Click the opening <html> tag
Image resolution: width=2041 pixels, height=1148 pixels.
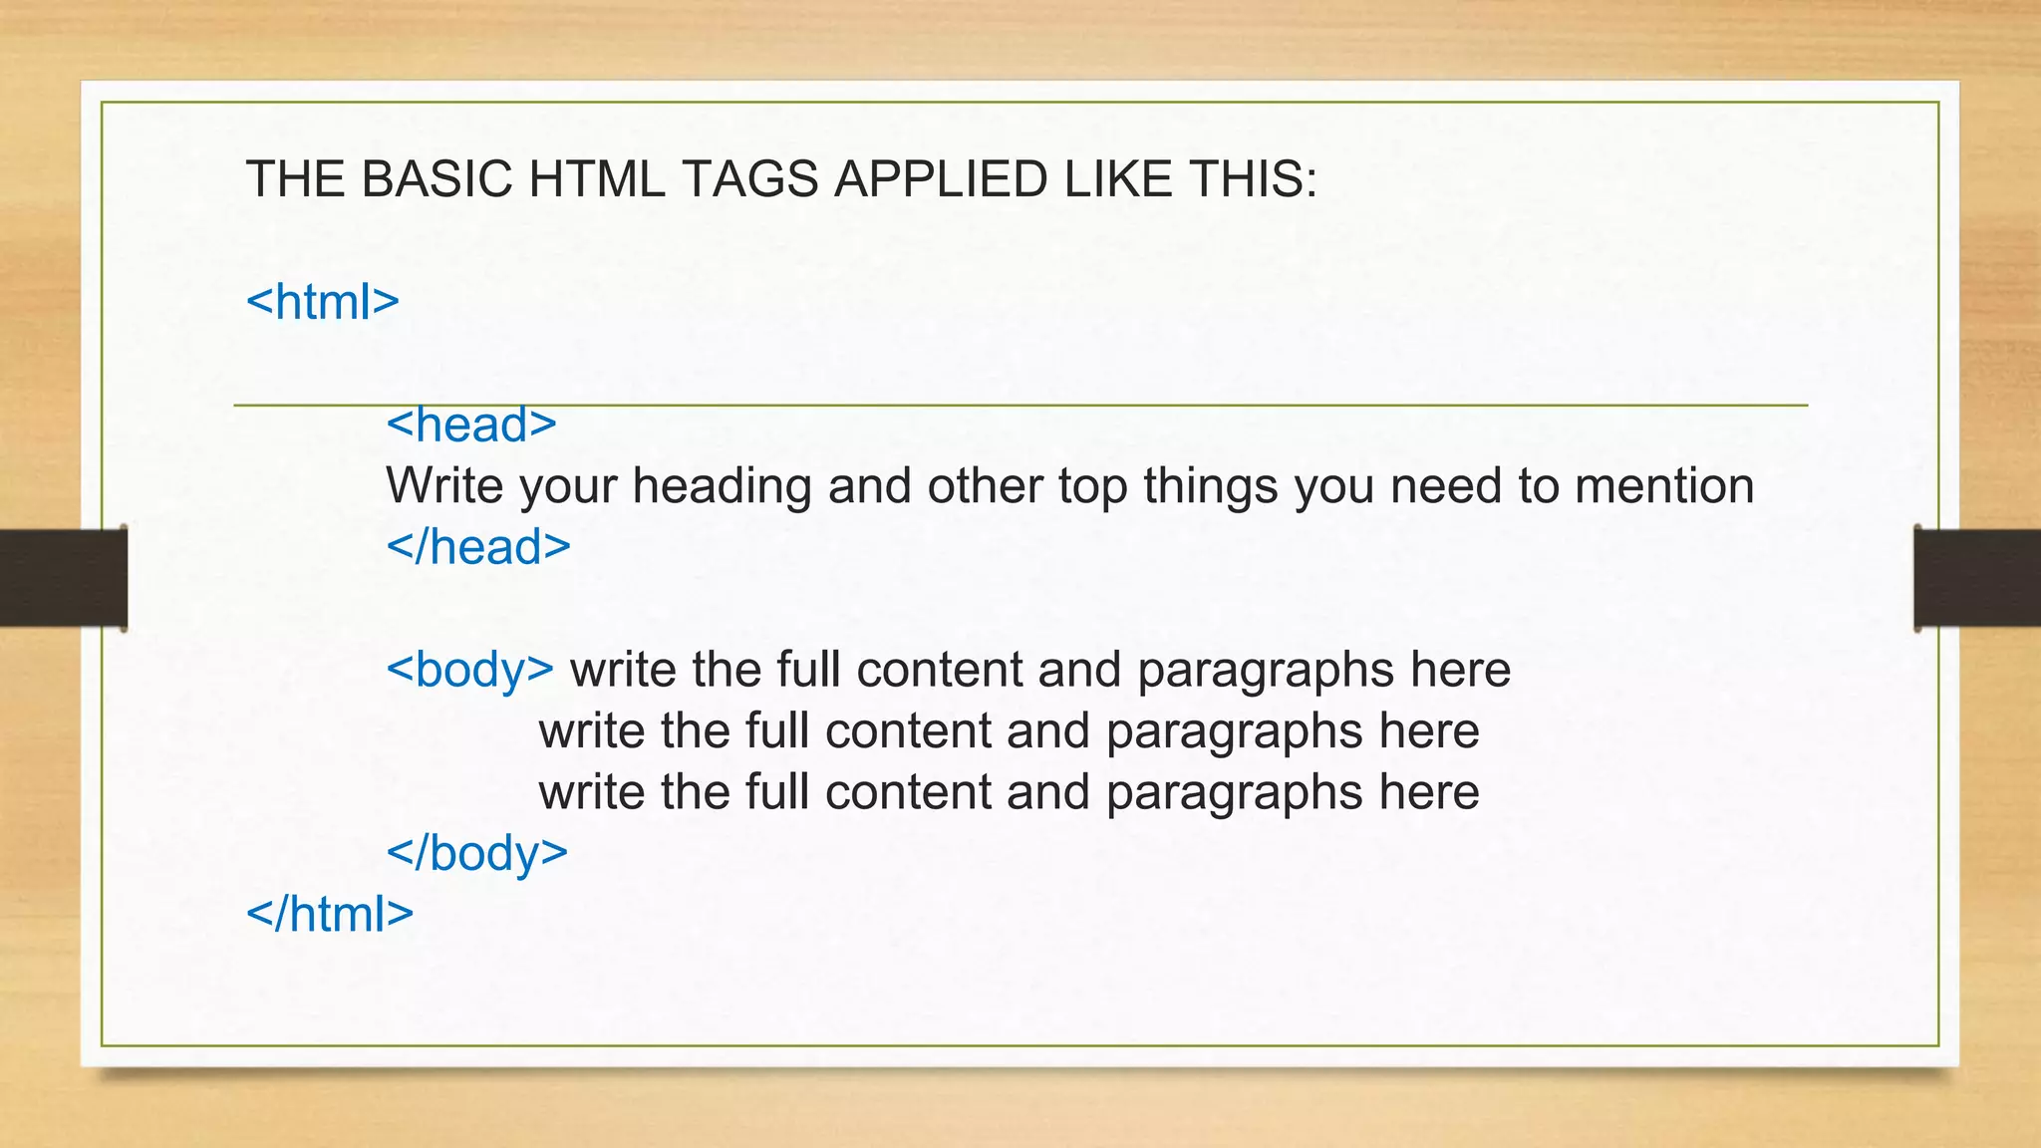322,302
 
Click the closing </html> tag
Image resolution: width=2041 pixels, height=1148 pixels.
329,914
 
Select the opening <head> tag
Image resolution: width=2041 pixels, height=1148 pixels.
470,426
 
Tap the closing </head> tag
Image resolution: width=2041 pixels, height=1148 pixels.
478,547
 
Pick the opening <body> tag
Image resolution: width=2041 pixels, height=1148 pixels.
469,670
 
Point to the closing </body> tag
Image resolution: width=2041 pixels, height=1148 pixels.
476,853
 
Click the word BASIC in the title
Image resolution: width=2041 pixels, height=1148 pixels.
438,179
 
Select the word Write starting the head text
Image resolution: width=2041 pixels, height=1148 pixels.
444,486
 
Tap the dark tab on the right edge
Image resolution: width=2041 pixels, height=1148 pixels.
1977,578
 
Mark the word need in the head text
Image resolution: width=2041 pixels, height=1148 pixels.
1446,486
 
